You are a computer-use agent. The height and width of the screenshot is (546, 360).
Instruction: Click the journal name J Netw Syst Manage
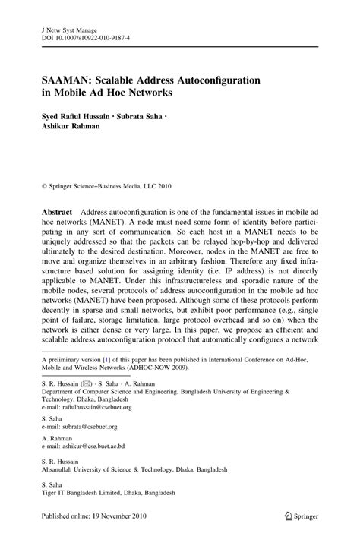[x=65, y=23]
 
